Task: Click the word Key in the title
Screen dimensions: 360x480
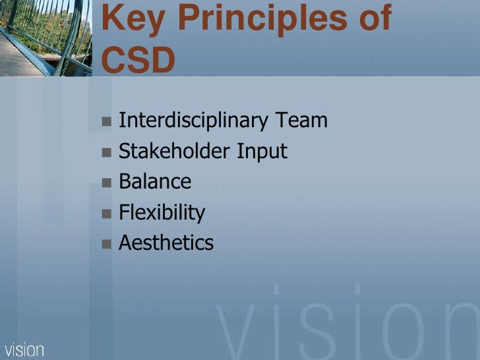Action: tap(130, 20)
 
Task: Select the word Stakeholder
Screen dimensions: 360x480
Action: tap(174, 152)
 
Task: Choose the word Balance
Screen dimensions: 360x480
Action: tap(155, 182)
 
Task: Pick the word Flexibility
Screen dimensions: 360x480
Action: tap(162, 213)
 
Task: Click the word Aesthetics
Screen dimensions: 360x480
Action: tap(166, 243)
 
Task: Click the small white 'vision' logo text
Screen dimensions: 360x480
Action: tap(24, 349)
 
